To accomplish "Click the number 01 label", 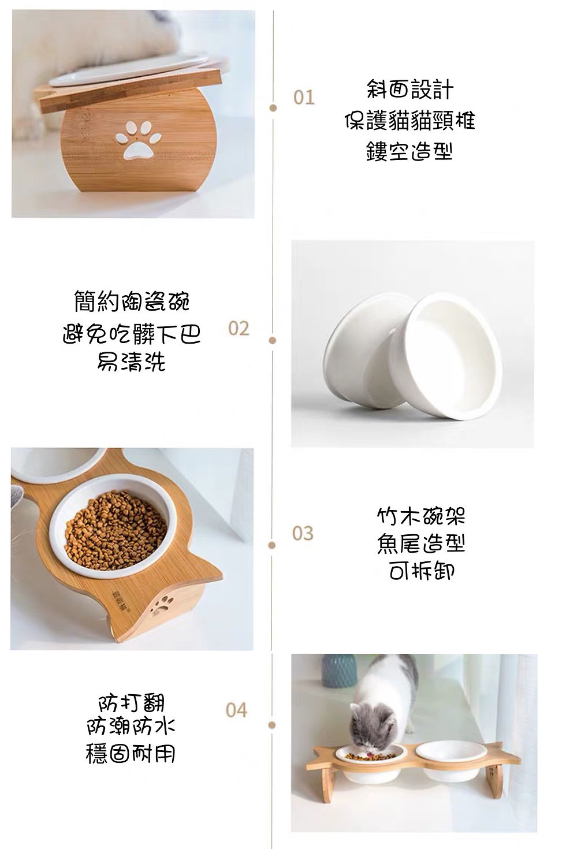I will (x=304, y=97).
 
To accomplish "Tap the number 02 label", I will (x=239, y=329).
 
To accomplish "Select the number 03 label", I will (x=303, y=533).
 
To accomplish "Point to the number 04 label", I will (x=236, y=710).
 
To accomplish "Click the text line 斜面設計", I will (x=409, y=90).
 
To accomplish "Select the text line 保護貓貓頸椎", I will (x=409, y=121).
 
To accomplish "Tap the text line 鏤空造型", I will (x=409, y=151).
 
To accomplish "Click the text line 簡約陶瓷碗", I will (x=132, y=301).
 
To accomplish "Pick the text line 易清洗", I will (x=132, y=362).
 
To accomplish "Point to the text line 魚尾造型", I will (x=421, y=543).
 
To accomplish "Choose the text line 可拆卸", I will (x=421, y=572).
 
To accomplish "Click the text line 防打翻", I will (x=131, y=703).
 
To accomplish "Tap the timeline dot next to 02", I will (x=273, y=340).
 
